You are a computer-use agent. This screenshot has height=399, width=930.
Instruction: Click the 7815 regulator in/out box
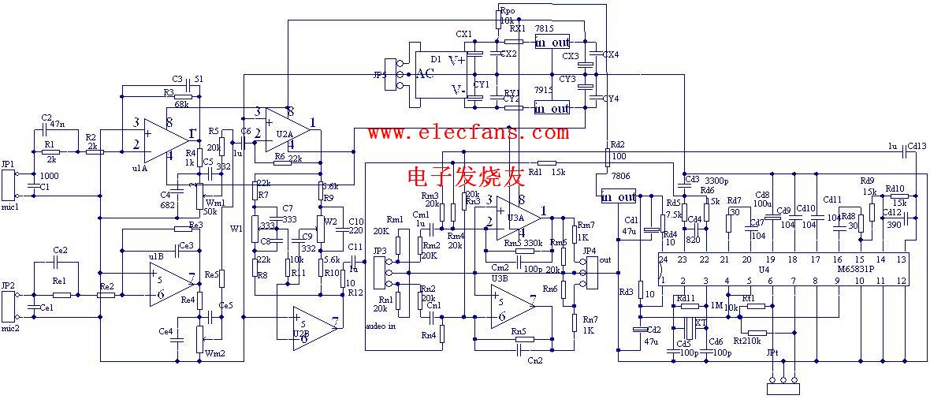click(552, 42)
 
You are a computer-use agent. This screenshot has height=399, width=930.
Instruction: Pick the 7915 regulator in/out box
click(552, 107)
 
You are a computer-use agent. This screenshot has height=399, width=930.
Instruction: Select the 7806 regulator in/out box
click(619, 196)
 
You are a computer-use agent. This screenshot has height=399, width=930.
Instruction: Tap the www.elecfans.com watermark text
click(467, 132)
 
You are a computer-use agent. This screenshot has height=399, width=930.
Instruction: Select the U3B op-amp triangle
click(513, 306)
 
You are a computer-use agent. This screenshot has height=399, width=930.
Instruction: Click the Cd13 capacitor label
click(917, 146)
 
